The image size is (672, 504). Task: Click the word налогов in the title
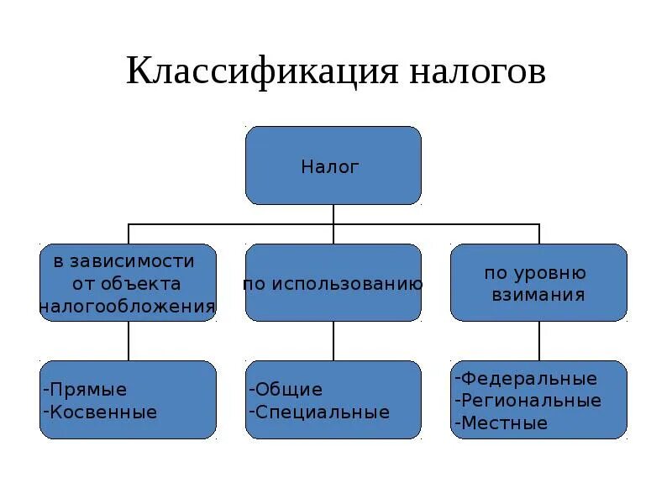477,71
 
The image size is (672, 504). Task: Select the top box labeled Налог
333,165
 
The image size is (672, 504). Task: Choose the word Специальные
323,412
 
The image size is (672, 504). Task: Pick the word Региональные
532,401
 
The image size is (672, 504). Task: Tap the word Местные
504,423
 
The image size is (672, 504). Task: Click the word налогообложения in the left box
128,307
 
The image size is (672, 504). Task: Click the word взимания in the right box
538,296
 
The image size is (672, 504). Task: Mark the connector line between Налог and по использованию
333,224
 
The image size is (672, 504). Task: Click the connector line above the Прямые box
129,341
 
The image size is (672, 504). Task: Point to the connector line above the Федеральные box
538,341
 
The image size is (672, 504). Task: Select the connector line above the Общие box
333,341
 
